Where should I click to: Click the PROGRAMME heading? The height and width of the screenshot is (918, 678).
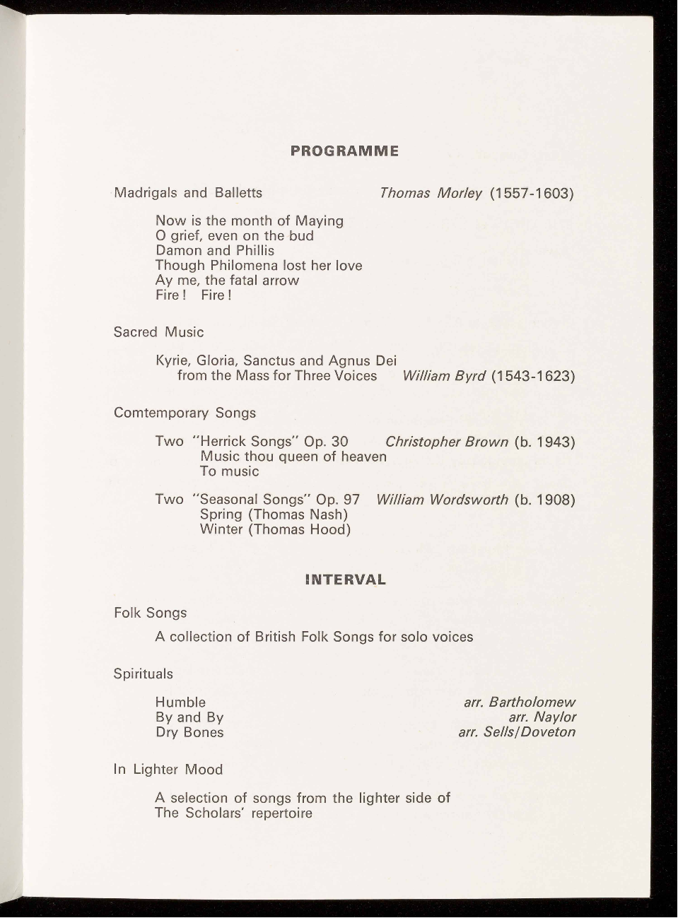click(344, 151)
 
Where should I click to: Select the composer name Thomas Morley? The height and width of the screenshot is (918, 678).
click(431, 193)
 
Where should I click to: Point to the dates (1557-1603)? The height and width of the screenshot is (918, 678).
click(530, 193)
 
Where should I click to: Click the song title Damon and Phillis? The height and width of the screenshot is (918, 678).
click(215, 251)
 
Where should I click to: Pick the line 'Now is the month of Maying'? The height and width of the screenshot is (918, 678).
click(250, 221)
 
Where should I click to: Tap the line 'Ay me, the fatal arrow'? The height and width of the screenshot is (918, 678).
click(227, 281)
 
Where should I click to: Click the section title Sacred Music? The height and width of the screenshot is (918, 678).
click(158, 332)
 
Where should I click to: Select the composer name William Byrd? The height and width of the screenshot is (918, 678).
click(443, 376)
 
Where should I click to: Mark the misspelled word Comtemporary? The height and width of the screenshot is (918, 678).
click(161, 413)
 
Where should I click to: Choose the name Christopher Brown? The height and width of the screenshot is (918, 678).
click(447, 442)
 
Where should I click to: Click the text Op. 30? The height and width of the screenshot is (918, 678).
click(326, 442)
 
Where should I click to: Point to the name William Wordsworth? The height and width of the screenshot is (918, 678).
click(443, 500)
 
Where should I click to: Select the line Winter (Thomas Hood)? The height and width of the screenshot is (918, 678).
click(275, 529)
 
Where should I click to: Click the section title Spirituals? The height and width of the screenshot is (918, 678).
click(143, 674)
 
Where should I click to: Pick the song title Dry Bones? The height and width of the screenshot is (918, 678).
click(189, 732)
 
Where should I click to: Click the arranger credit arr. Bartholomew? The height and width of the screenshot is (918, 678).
click(520, 702)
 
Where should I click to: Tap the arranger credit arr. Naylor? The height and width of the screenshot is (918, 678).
click(542, 717)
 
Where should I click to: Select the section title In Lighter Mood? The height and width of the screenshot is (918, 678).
click(168, 770)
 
